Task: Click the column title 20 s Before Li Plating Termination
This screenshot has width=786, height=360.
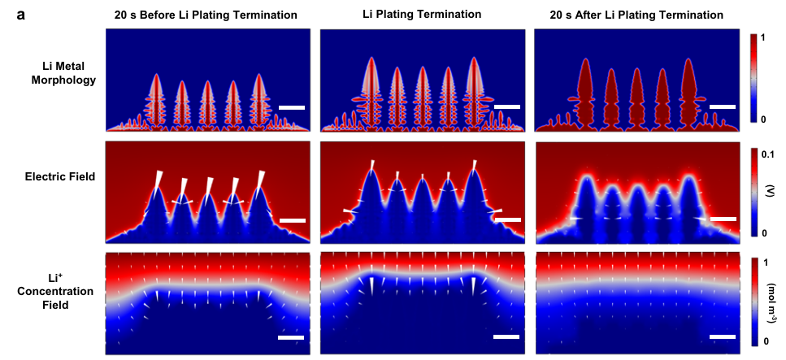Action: pos(205,15)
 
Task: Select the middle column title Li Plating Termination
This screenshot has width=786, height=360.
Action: pos(422,15)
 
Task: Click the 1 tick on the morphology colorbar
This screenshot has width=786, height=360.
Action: pos(775,37)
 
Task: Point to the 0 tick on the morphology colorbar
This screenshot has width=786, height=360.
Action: pos(775,119)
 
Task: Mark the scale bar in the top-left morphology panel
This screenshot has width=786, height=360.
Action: pos(292,107)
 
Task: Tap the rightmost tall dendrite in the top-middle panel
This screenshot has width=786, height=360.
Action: pos(474,85)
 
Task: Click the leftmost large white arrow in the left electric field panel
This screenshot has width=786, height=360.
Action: pos(159,180)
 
